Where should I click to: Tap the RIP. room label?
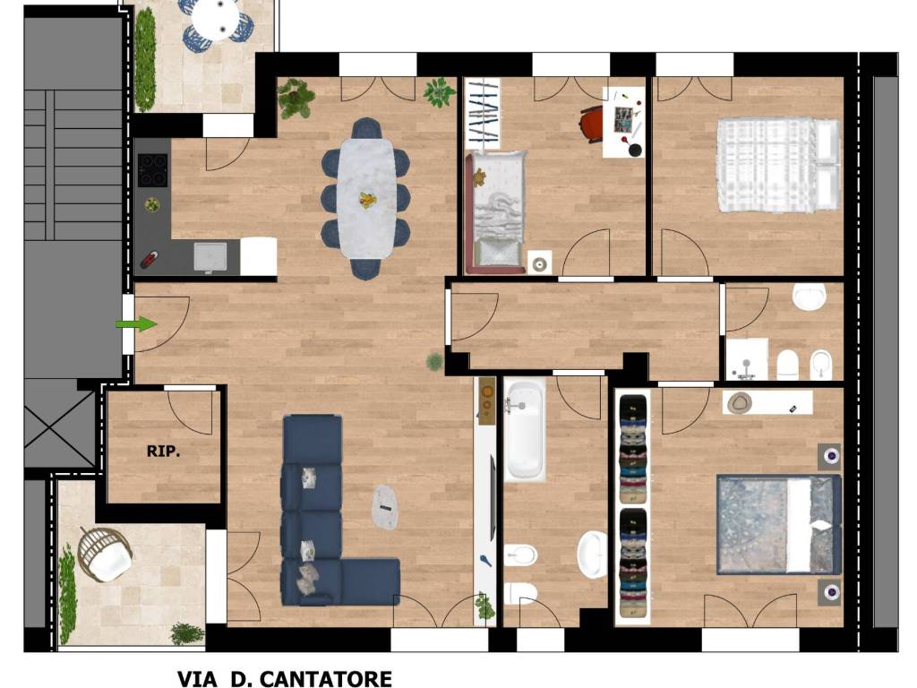tap(163, 451)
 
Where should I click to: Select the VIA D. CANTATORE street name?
tap(285, 679)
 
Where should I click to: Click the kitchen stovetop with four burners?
tap(152, 169)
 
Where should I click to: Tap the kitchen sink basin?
tap(210, 256)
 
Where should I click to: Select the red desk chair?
tap(592, 124)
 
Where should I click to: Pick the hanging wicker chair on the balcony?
tap(106, 555)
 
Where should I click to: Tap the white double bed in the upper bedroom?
tap(778, 165)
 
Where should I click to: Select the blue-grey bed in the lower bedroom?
tap(779, 524)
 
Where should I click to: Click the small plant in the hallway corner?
tap(434, 362)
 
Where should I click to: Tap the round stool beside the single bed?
tap(539, 262)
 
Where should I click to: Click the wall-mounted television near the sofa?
tap(493, 498)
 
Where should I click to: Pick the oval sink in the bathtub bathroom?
tap(593, 554)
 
